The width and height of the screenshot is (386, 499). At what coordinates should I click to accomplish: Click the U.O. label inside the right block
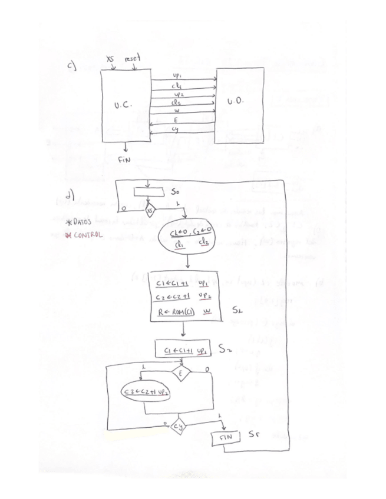235,102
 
